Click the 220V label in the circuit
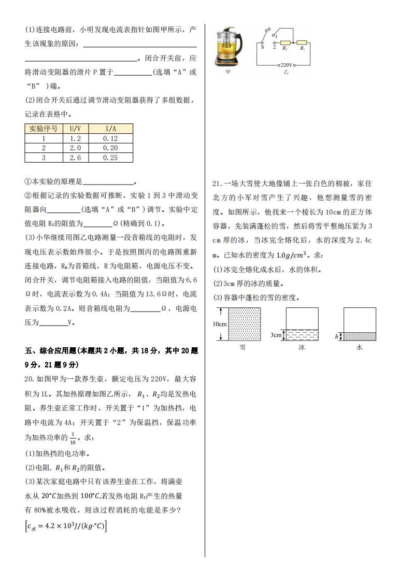point(286,65)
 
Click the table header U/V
point(75,129)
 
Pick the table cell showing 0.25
point(110,158)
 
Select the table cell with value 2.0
point(75,148)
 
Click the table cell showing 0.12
point(110,138)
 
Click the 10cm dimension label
point(220,324)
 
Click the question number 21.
point(217,183)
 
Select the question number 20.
point(31,378)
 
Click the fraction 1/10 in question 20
point(73,438)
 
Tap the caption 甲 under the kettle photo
point(228,73)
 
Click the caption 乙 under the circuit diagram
point(286,73)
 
